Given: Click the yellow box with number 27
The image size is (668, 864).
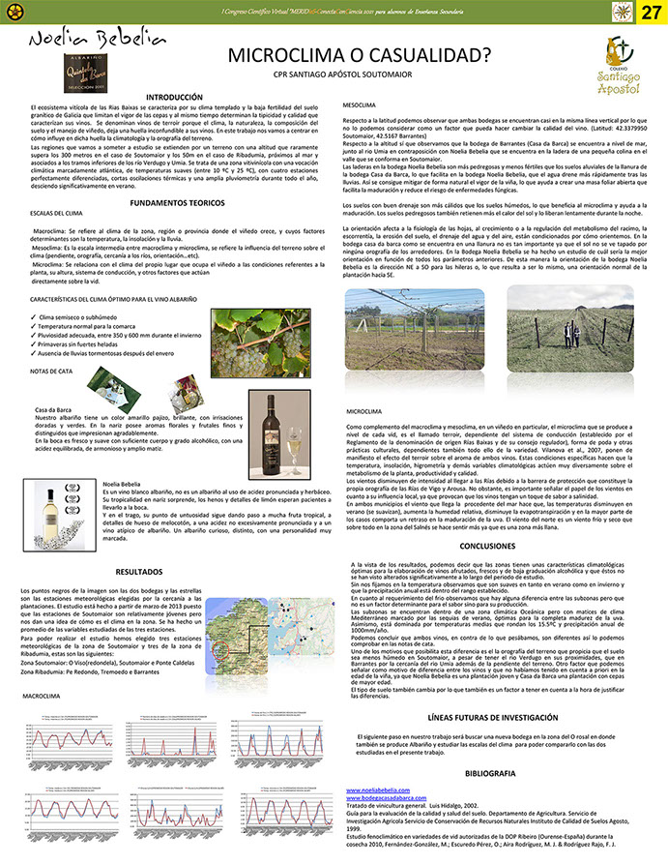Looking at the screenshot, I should [652, 12].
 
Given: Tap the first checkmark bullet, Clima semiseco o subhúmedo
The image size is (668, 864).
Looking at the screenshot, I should [35, 316].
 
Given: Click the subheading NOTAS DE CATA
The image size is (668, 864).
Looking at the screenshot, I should [51, 371].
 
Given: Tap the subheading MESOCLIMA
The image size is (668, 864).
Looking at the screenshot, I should [361, 104].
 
